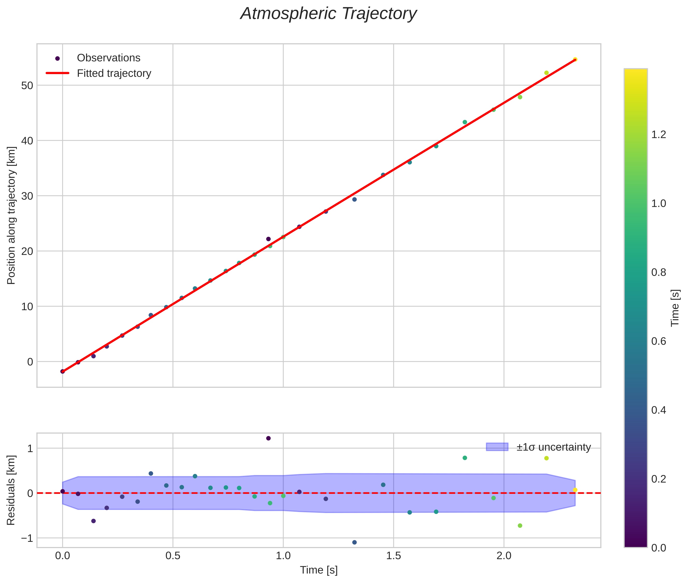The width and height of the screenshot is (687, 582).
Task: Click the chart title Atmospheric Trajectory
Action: (328, 14)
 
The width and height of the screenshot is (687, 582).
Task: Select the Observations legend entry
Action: (108, 58)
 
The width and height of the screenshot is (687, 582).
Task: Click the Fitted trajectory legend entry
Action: (114, 73)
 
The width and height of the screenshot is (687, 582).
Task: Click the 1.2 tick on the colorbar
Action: (658, 134)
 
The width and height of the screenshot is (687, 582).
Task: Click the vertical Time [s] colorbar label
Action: (675, 308)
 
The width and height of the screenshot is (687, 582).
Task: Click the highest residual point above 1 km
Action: (268, 438)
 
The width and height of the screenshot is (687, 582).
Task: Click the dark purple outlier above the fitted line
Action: (268, 239)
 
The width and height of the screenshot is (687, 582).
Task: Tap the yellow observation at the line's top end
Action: (575, 59)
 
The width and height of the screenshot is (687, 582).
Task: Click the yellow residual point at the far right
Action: (575, 490)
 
